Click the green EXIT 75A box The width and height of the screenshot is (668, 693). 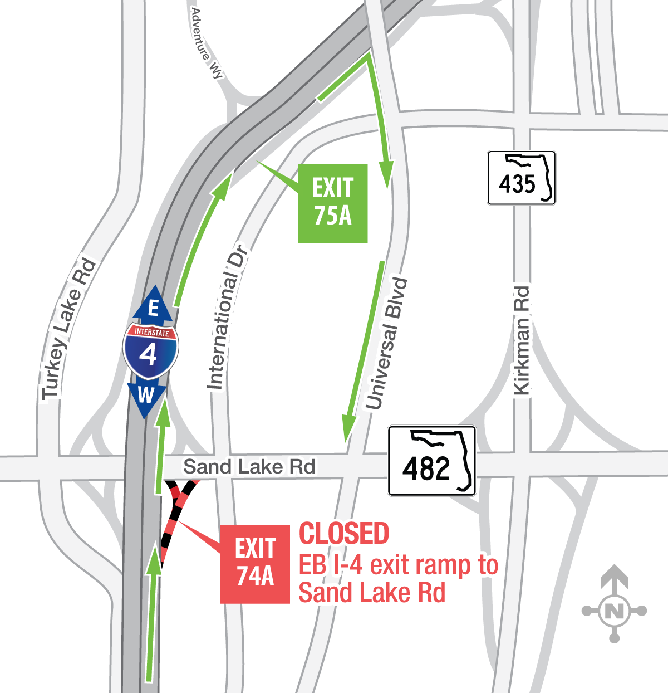click(332, 203)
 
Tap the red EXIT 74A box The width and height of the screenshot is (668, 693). click(255, 564)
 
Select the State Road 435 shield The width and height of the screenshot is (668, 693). click(521, 178)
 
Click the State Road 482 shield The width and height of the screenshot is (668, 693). click(431, 461)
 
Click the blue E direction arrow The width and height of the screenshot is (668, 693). click(153, 305)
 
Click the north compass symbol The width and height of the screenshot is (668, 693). click(614, 611)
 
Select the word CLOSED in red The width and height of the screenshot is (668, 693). click(344, 534)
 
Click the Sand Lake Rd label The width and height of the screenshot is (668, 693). click(249, 467)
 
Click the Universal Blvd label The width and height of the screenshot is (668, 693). click(386, 344)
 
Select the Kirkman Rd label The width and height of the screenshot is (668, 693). click(522, 340)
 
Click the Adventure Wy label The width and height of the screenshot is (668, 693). click(207, 43)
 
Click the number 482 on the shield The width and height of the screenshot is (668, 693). click(426, 468)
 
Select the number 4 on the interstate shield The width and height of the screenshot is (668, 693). click(148, 354)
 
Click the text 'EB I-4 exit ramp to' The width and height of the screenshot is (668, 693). click(398, 565)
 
